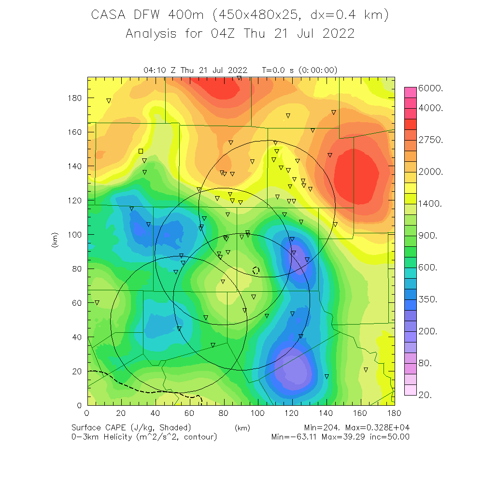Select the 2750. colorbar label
[x=434, y=140]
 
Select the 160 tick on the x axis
[x=361, y=413]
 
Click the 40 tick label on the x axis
[x=156, y=413]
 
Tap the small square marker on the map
[x=141, y=151]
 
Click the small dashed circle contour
[x=256, y=270]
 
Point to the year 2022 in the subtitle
[x=339, y=34]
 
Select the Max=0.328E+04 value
[x=376, y=428]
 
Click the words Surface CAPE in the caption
[x=99, y=428]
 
